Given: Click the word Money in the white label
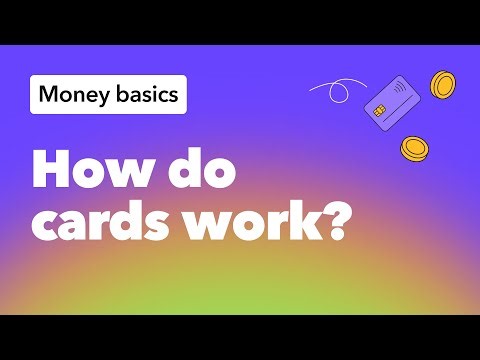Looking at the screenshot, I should pos(73,96).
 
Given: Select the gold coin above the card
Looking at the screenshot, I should pos(443,85).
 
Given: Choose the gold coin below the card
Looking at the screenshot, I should pos(413,149).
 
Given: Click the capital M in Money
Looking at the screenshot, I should pos(50,96).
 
